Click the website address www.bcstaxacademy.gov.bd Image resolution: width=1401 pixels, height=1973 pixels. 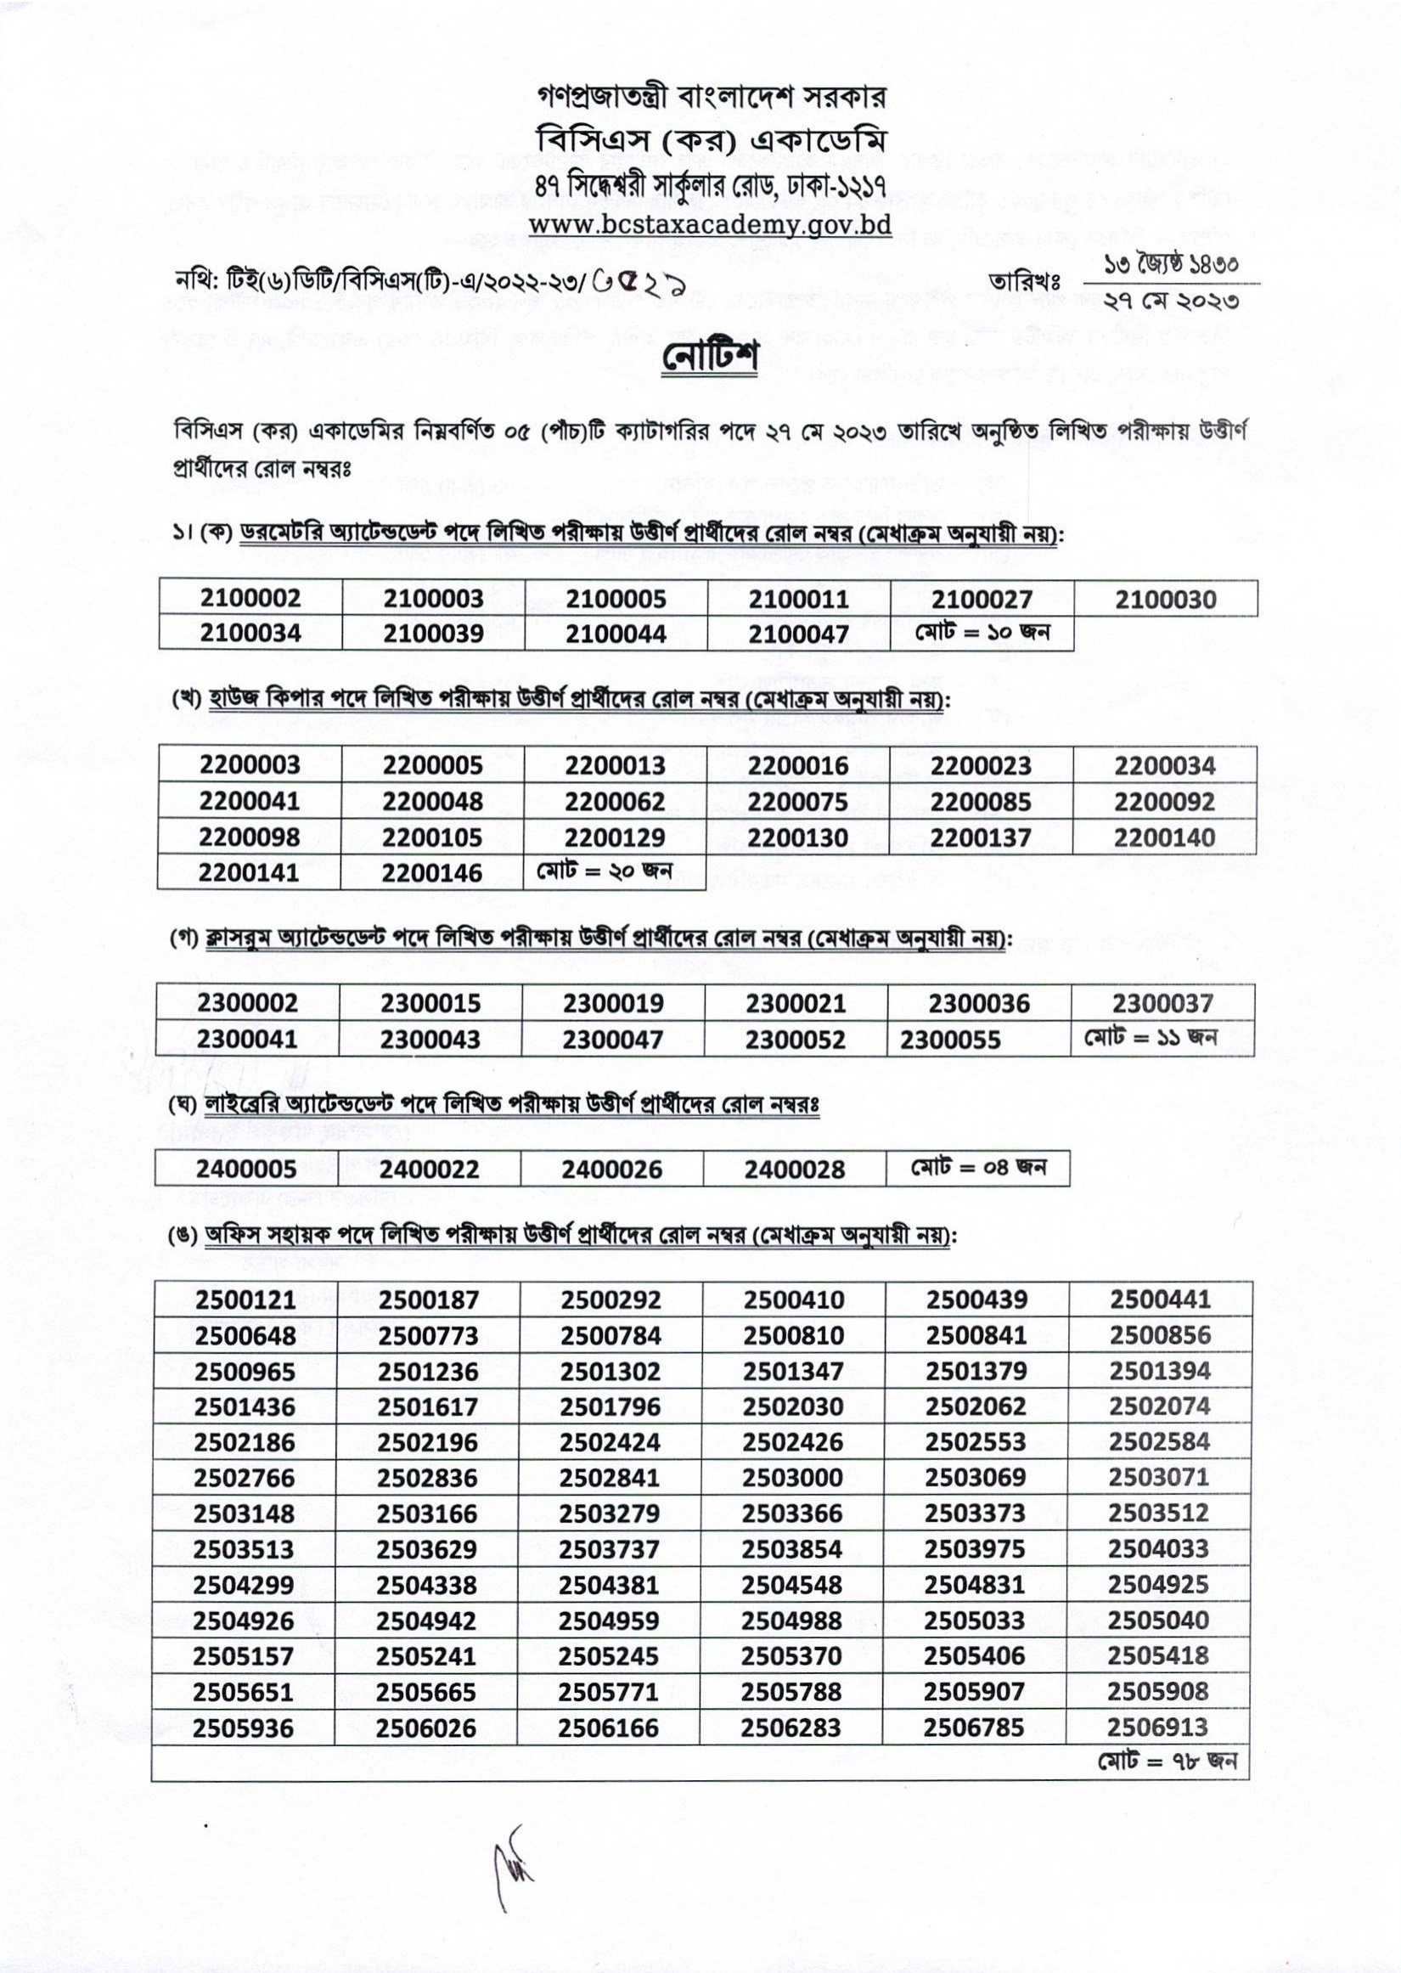point(709,225)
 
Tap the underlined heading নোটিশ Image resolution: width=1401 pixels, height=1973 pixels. point(710,358)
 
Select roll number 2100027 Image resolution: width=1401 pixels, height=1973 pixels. point(981,599)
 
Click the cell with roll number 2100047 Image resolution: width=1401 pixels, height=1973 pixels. point(798,634)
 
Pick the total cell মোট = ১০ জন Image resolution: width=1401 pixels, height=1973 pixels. point(982,634)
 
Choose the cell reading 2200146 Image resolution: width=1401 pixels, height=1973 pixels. point(431,873)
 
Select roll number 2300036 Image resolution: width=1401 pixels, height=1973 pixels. point(979,1003)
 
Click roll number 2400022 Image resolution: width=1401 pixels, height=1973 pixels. point(429,1170)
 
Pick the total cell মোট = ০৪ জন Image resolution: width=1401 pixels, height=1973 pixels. point(978,1168)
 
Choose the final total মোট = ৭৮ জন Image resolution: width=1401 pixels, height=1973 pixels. point(1167,1761)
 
